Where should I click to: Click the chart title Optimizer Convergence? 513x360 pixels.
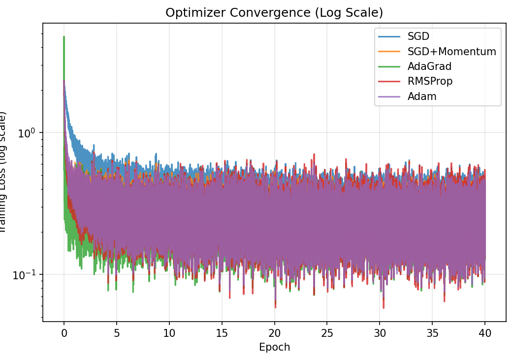(274, 13)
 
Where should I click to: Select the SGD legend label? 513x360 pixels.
(418, 36)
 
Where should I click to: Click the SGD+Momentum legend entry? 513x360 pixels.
(451, 51)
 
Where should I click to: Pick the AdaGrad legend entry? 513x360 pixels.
(429, 66)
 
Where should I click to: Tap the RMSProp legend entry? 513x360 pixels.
(430, 81)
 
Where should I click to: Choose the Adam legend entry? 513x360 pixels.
(422, 97)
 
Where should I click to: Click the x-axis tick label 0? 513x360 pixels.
(64, 332)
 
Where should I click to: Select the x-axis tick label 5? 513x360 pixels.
(117, 332)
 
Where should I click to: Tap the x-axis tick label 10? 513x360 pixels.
(169, 332)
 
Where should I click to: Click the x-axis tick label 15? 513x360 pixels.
(222, 332)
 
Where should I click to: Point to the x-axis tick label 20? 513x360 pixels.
(275, 332)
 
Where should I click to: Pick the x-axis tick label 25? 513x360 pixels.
(327, 332)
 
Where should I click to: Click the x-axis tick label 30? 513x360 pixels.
(380, 332)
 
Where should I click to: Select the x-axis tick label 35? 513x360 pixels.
(433, 332)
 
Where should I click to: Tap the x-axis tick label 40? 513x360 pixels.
(485, 332)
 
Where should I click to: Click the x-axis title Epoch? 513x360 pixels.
(274, 347)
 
